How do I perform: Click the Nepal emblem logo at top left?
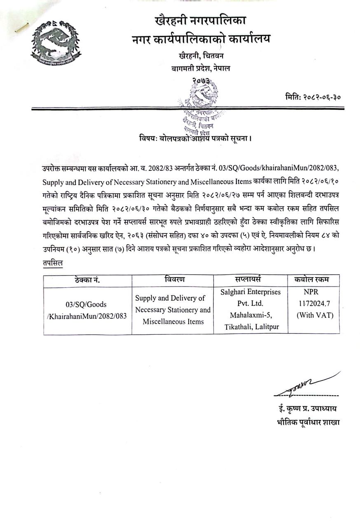click(56, 42)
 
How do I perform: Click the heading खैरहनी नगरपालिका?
click(201, 20)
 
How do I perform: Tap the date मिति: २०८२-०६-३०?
click(313, 98)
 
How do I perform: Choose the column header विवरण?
click(172, 280)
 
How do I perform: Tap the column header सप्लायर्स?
click(250, 280)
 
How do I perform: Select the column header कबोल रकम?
click(313, 280)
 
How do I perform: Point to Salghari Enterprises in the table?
click(250, 292)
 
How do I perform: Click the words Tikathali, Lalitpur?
click(250, 327)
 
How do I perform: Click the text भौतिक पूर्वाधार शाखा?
click(309, 422)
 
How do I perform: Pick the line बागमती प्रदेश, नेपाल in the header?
click(201, 69)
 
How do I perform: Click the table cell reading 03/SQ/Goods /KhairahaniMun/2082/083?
click(87, 310)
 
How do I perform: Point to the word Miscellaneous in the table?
click(173, 322)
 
